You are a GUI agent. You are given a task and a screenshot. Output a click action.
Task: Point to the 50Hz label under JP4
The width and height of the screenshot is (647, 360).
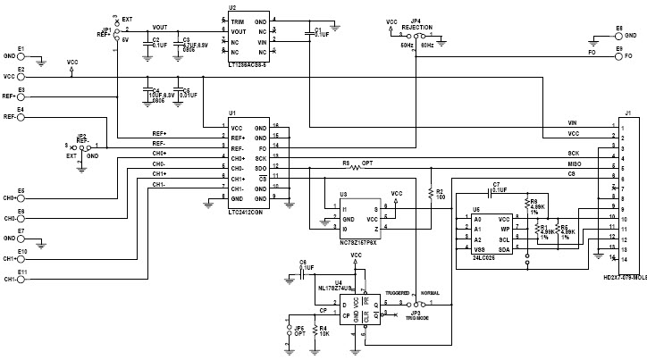(x=407, y=44)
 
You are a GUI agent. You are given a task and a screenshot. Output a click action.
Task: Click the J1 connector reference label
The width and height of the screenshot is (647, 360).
(x=628, y=113)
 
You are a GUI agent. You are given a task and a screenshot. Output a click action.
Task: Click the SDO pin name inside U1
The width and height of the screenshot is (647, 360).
(x=260, y=168)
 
